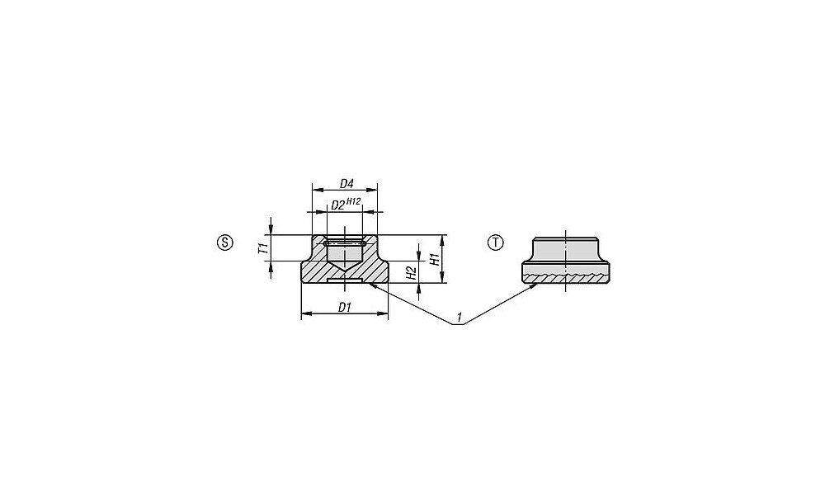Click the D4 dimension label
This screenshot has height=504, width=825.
tap(346, 184)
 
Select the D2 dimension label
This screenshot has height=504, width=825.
tap(337, 205)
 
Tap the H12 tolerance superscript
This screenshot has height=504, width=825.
tap(353, 201)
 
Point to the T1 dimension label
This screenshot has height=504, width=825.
tap(263, 248)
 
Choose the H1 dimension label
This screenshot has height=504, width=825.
tap(435, 259)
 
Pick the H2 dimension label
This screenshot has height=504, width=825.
tap(412, 272)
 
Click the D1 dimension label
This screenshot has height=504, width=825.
tap(345, 308)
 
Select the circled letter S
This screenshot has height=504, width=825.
tap(224, 243)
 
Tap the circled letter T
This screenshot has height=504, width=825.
tap(496, 243)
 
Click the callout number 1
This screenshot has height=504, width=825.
tap(460, 318)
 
